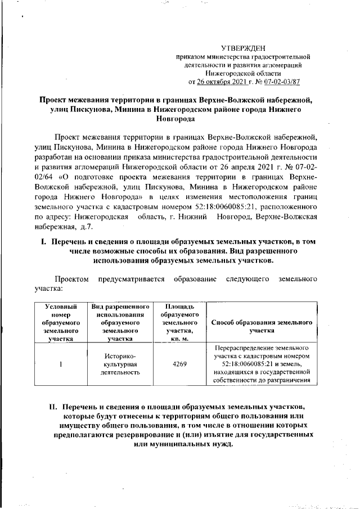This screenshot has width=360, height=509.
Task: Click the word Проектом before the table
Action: (71, 278)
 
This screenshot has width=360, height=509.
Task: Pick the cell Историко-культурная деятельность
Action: (120, 364)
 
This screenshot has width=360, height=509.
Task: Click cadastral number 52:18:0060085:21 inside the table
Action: (244, 364)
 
